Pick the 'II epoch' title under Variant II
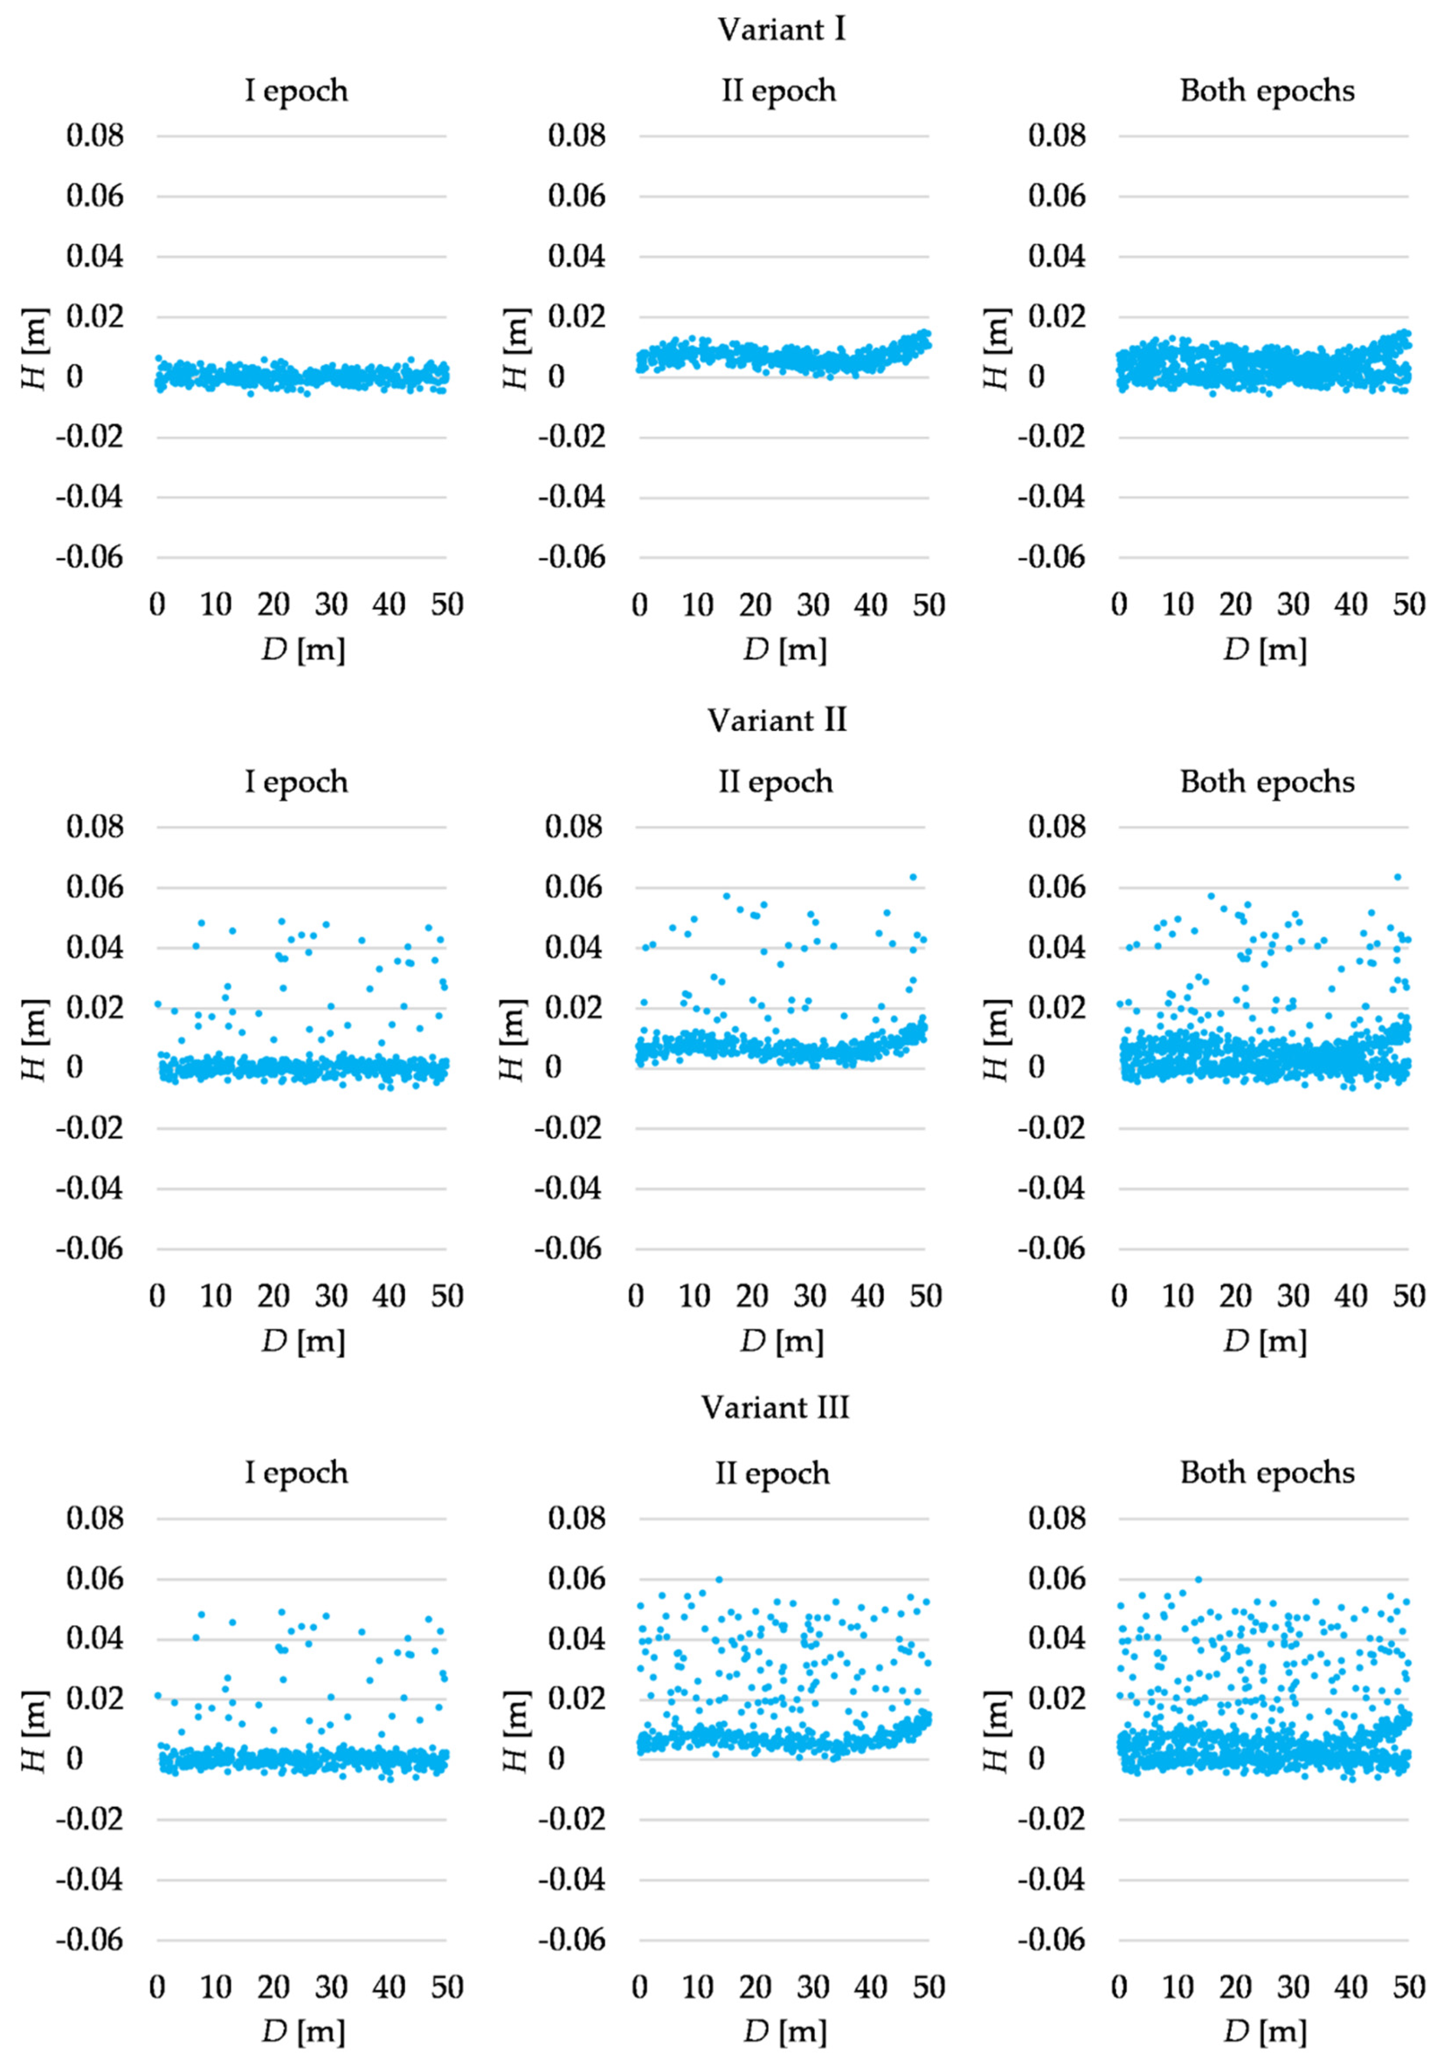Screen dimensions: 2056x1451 click(x=776, y=782)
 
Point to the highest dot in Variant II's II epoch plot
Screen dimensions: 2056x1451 click(x=913, y=876)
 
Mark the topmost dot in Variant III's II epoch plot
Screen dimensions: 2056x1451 click(x=719, y=1579)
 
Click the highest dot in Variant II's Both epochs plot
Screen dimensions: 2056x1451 click(x=1396, y=876)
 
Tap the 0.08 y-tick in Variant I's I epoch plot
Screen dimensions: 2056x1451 click(x=95, y=136)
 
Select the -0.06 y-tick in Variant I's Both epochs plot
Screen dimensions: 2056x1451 click(x=1050, y=557)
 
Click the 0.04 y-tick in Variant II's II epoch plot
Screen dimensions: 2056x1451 click(x=573, y=947)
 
